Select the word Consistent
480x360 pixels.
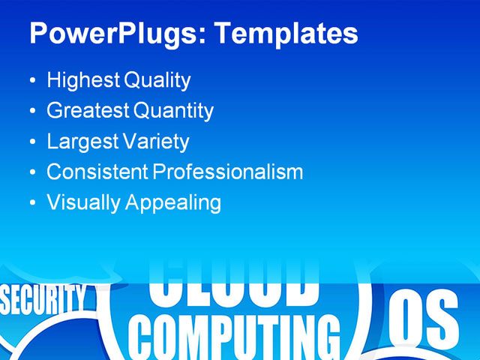coord(97,172)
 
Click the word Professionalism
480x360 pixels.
coord(228,172)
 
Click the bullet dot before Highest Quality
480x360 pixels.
coord(31,81)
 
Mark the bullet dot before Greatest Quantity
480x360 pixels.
coord(31,112)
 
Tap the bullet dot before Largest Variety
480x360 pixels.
coord(31,142)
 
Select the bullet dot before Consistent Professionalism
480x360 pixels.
coord(31,172)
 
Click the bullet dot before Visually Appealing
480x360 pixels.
coord(31,203)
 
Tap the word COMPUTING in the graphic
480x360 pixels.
coord(232,337)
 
